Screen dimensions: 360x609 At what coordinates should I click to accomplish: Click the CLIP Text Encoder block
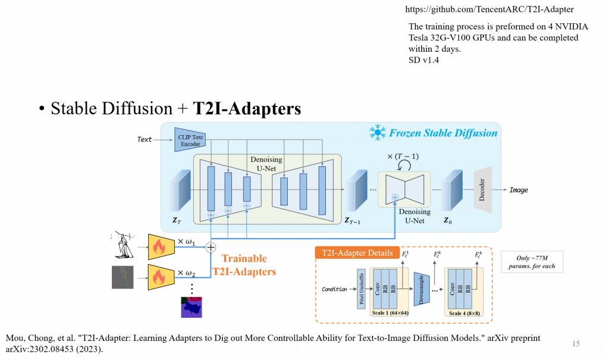pos(190,140)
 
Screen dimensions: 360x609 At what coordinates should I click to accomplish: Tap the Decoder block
pos(482,190)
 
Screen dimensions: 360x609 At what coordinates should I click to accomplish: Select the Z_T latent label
pos(176,220)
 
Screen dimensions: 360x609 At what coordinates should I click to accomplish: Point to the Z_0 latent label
pos(448,220)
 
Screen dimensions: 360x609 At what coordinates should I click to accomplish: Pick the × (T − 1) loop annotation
pos(404,156)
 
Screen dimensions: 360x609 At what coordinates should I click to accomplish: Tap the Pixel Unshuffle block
pos(362,287)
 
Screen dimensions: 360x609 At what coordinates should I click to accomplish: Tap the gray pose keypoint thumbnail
pos(124,277)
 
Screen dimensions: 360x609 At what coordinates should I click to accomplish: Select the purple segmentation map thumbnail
pos(192,306)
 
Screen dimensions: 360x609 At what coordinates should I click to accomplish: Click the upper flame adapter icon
pos(161,245)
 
